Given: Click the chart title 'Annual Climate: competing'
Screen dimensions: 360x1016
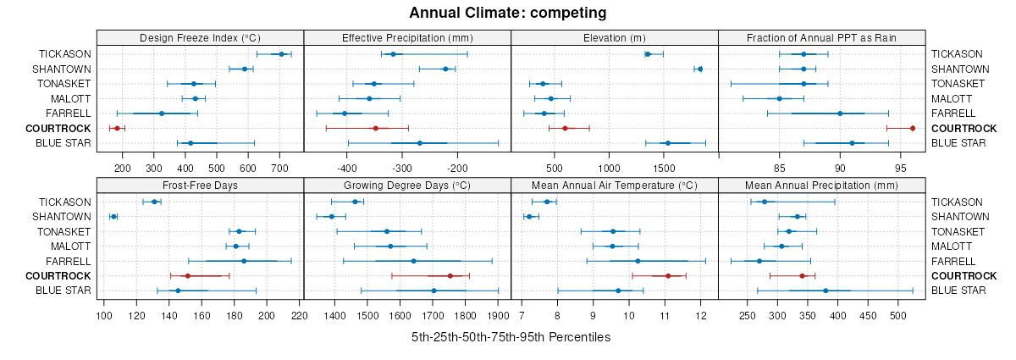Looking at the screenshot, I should [508, 13].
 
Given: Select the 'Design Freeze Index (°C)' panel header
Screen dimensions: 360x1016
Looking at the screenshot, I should [200, 37].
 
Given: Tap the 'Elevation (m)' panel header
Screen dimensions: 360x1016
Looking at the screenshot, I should [615, 37].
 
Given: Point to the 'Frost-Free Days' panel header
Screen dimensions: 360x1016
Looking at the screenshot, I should [200, 185].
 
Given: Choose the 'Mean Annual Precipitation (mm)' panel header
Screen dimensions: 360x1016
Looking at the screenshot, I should [821, 185].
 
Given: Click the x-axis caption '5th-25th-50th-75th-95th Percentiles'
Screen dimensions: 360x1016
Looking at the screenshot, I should [511, 337].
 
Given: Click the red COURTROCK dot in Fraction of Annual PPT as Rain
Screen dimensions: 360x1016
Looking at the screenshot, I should [913, 128].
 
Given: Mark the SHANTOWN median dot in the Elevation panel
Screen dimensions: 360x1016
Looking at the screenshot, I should [700, 69].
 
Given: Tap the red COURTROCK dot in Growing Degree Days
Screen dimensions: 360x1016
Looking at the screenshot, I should [450, 276].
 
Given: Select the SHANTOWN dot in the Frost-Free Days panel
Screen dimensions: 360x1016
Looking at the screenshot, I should [113, 217].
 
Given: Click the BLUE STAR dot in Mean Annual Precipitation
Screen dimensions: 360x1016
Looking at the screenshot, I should [825, 291].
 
